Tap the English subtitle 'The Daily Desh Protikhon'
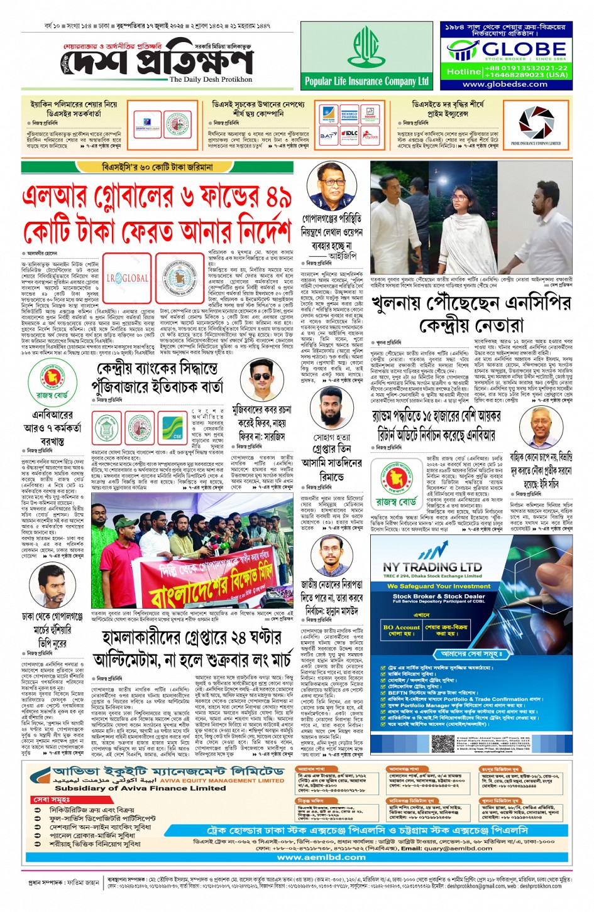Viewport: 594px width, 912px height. [211, 80]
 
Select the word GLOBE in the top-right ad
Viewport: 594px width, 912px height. [524, 48]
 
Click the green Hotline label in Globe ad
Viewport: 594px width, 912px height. [463, 72]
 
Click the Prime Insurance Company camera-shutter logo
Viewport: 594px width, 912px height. [536, 122]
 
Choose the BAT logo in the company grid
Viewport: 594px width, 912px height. [328, 134]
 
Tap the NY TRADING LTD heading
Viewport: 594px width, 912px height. [432, 566]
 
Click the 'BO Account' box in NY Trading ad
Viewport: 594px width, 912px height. [401, 629]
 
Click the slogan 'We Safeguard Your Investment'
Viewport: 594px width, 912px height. [438, 586]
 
